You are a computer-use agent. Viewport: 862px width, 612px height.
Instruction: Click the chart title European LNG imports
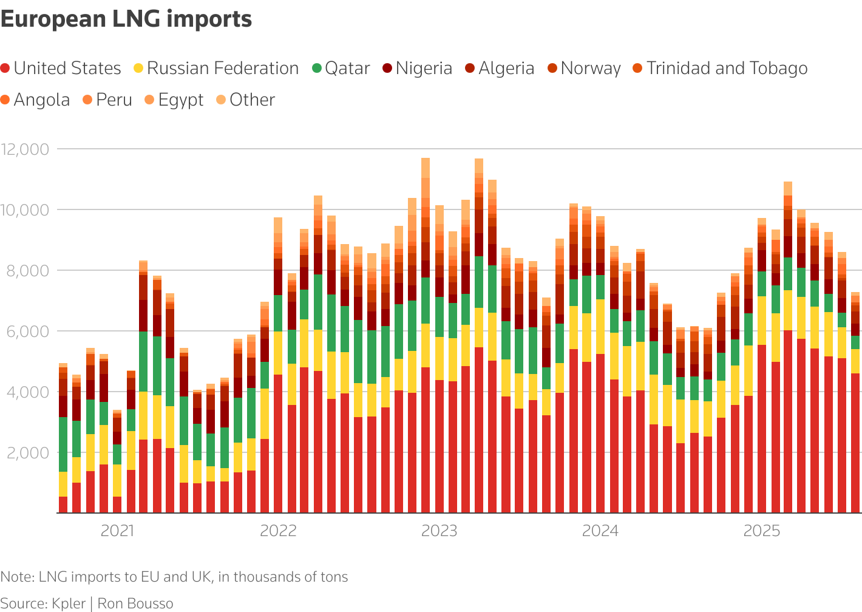tap(126, 19)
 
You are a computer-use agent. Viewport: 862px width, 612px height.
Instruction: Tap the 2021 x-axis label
tap(118, 531)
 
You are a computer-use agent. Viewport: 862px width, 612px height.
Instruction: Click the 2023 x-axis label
tap(439, 531)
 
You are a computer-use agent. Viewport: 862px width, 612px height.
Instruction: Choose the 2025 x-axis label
tap(762, 531)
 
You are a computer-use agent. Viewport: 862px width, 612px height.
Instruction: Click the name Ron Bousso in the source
tap(135, 603)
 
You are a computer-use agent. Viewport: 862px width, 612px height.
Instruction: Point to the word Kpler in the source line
tap(68, 603)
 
